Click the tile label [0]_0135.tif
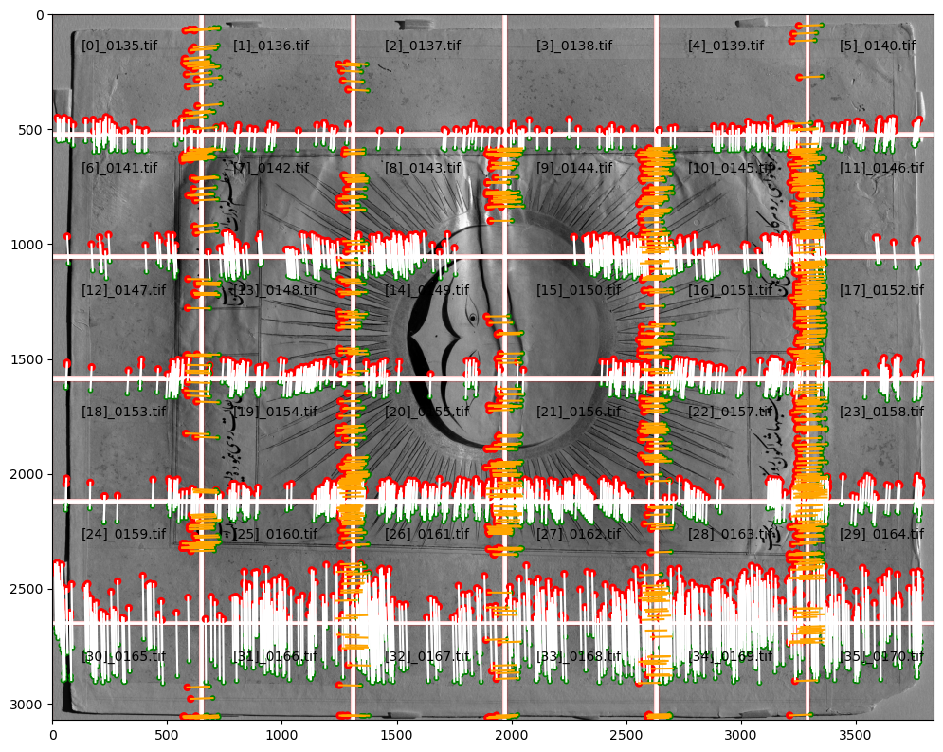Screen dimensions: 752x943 pos(119,46)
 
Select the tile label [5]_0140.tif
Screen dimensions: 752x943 pos(878,46)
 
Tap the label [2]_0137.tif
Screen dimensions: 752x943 pos(423,46)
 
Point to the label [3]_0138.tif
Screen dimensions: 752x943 pos(574,46)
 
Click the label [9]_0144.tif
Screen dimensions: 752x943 pos(574,168)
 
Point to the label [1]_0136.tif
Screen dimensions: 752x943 pos(271,46)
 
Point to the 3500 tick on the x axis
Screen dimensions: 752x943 pos(856,733)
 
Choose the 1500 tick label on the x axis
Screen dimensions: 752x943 pos(397,733)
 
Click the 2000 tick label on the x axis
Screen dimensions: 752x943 pos(512,733)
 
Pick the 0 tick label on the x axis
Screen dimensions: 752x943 pos(53,733)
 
